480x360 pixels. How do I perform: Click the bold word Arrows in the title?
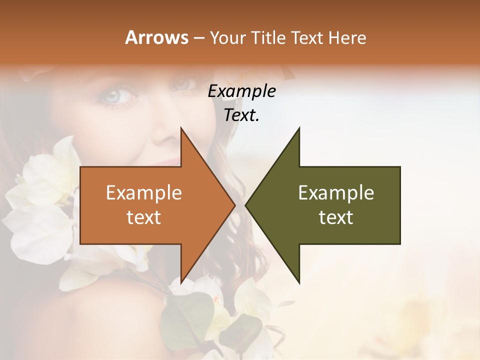(x=157, y=37)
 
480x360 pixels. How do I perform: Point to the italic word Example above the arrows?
(x=241, y=91)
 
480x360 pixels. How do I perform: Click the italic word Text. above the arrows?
(x=241, y=115)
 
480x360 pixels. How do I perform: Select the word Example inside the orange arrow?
(x=144, y=192)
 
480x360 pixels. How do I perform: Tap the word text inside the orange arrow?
(x=144, y=217)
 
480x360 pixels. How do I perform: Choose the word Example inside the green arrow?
(x=336, y=192)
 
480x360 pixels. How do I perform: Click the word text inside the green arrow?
(x=336, y=217)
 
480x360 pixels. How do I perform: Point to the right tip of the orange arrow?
(x=235, y=205)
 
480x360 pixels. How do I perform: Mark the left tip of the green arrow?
(x=245, y=205)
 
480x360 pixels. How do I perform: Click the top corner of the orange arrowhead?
(x=181, y=127)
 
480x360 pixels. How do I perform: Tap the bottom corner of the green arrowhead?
(x=299, y=283)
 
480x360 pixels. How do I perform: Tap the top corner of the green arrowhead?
(x=299, y=127)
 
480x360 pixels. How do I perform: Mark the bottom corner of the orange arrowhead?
(x=181, y=283)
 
